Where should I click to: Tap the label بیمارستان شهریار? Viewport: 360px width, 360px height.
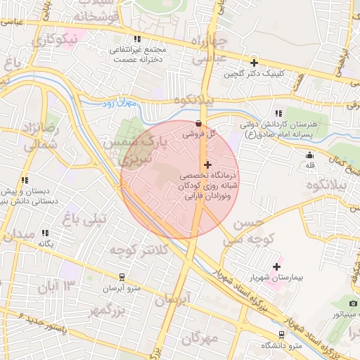296,278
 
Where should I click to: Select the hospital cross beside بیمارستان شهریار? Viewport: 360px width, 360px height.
276,266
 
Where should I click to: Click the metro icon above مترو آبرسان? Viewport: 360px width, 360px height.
122,277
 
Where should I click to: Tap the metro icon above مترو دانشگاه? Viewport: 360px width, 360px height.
282,334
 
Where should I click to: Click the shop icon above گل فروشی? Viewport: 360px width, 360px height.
199,123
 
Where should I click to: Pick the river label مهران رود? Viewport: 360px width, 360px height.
127,104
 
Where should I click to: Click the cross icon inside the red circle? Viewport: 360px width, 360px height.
207,164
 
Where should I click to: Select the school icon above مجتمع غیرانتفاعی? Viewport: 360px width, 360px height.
136,39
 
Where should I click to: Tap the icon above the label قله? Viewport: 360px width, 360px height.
309,155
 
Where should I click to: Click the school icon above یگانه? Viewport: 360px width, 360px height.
45,233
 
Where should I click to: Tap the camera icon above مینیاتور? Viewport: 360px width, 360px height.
353,303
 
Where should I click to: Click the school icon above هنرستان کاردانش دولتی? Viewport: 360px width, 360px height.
278,113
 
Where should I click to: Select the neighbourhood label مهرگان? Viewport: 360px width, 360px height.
200,339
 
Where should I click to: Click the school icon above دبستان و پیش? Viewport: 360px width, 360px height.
25,180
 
